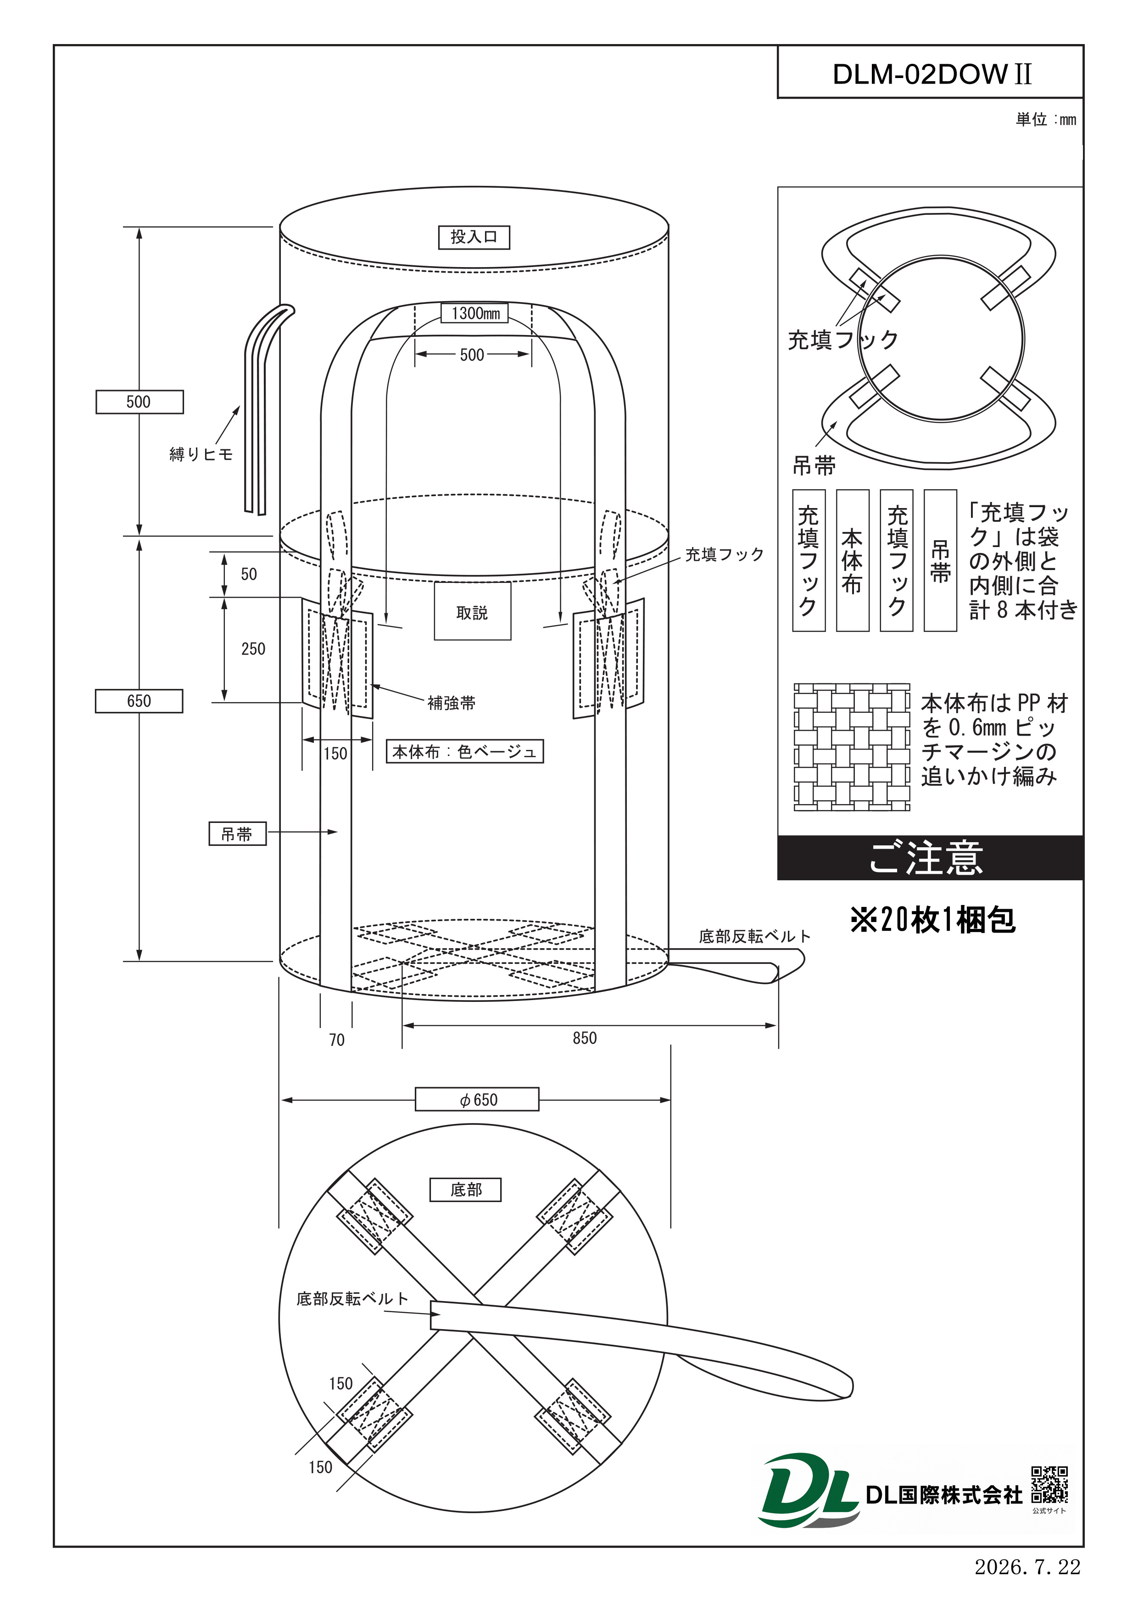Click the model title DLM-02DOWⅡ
point(932,73)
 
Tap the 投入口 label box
point(474,237)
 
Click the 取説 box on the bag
point(473,611)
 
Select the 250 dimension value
point(253,648)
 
